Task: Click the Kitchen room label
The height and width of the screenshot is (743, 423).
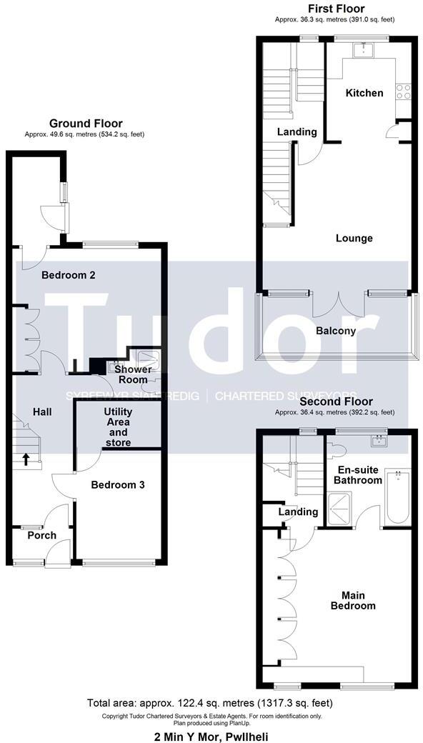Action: coord(364,93)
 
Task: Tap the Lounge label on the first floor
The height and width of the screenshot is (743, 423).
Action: coord(354,238)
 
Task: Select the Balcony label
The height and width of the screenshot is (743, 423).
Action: coord(335,331)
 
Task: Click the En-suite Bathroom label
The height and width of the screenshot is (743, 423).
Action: coord(359,474)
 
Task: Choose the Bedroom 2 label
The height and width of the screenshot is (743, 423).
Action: coord(69,275)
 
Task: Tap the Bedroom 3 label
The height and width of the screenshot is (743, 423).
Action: coord(118,484)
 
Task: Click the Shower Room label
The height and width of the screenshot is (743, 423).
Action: coord(133,374)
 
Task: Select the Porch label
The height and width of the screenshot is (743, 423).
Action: coord(41,535)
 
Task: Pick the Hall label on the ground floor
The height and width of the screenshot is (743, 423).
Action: coord(42,412)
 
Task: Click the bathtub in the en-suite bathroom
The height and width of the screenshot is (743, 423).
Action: coord(396,497)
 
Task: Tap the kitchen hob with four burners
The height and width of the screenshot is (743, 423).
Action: coord(404,91)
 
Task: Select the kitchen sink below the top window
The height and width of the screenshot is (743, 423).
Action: coord(365,49)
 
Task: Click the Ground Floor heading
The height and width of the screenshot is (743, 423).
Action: coord(85,124)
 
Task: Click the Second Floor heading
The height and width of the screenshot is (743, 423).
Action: coord(334,402)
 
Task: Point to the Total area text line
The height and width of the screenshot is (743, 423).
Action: coord(210,703)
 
